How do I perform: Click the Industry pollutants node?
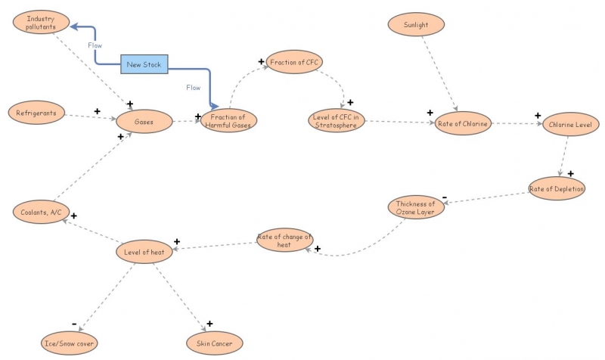coord(41,22)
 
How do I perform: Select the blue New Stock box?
coord(144,64)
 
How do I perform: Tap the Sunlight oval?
coord(416,23)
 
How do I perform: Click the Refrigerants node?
coord(37,113)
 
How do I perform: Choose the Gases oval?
coord(144,121)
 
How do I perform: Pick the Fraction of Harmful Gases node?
coord(229,120)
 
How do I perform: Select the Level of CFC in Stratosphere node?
coord(338,120)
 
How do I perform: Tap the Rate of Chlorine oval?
coord(463,123)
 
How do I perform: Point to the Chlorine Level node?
coord(572,123)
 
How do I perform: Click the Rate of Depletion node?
coord(557,188)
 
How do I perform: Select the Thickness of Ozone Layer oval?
coord(416,207)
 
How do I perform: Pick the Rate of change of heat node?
coord(284,241)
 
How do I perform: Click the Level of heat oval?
coord(144,252)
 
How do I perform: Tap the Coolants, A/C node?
coord(41,212)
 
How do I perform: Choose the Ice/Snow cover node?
coord(70,343)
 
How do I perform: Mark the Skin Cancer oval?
coord(215,343)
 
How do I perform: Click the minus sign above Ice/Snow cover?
coord(74,324)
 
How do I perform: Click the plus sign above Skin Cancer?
coord(209,324)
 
